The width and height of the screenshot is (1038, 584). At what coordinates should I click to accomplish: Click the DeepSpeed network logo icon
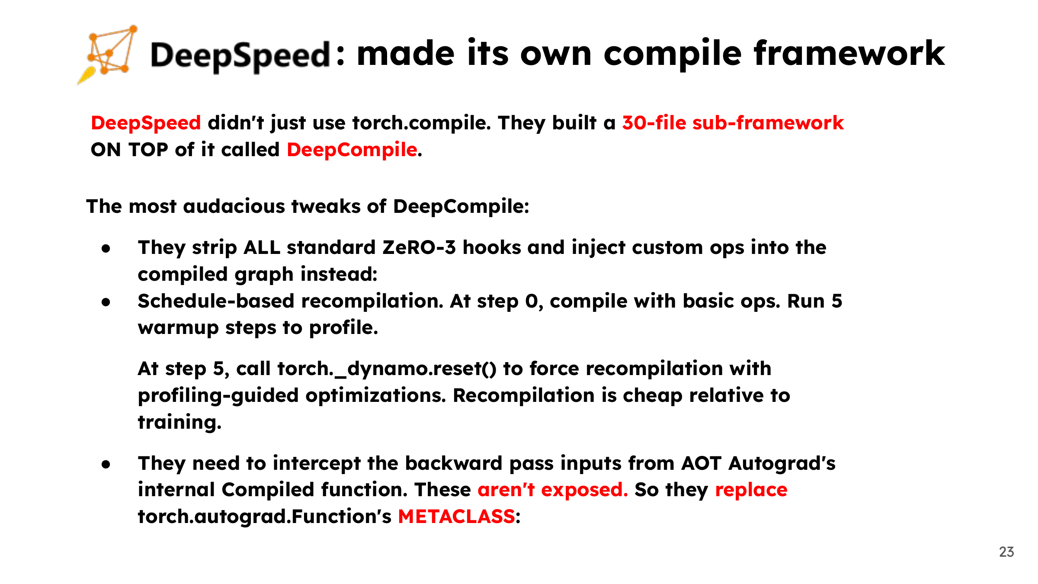point(108,54)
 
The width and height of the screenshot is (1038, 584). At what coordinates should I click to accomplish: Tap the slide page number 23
point(1006,552)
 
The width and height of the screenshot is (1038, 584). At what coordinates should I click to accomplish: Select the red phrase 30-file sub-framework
point(733,123)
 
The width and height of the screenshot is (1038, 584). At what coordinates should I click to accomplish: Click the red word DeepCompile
point(352,150)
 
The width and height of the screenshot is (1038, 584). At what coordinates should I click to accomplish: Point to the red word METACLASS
point(456,517)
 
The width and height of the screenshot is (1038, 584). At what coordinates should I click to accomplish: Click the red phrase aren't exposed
point(553,490)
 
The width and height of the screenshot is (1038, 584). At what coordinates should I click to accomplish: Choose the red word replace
point(751,490)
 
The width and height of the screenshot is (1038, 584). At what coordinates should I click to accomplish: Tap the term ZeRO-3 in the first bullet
point(419,247)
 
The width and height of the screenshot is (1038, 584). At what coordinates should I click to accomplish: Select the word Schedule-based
point(216,301)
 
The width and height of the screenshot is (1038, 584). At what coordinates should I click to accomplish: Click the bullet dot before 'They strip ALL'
point(106,249)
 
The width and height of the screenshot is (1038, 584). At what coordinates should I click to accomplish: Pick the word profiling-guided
point(218,396)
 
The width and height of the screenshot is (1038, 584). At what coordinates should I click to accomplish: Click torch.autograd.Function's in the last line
point(265,517)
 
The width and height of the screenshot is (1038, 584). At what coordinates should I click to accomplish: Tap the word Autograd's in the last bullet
point(782,464)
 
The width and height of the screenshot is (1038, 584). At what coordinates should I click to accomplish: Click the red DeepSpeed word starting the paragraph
point(146,123)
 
